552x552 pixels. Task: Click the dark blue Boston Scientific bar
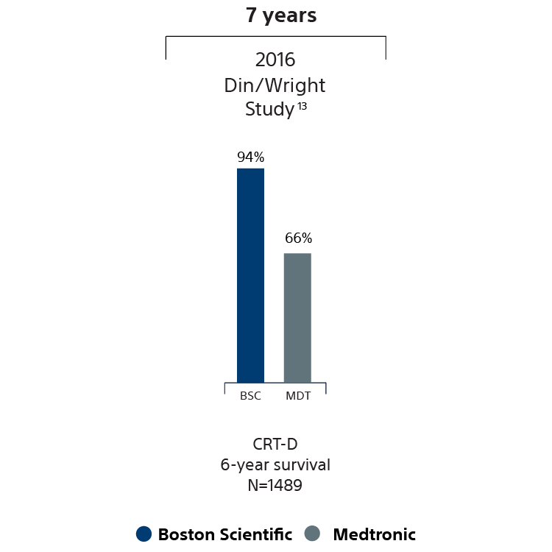point(250,275)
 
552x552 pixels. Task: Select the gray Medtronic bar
point(297,317)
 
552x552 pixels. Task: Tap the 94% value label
point(250,157)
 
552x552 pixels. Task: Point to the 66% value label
point(298,238)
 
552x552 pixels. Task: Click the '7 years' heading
point(281,15)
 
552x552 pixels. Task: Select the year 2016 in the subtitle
point(275,60)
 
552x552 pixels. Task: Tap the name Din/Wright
point(275,85)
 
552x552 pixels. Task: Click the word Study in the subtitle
point(269,110)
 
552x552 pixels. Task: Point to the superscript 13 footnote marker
point(302,105)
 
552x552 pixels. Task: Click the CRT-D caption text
point(275,444)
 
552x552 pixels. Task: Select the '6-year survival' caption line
point(275,465)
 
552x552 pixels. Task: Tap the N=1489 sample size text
point(275,486)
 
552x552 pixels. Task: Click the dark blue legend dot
point(144,534)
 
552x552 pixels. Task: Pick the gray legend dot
point(312,534)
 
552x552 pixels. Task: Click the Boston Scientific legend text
point(224,534)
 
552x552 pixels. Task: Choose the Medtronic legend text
point(374,534)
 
